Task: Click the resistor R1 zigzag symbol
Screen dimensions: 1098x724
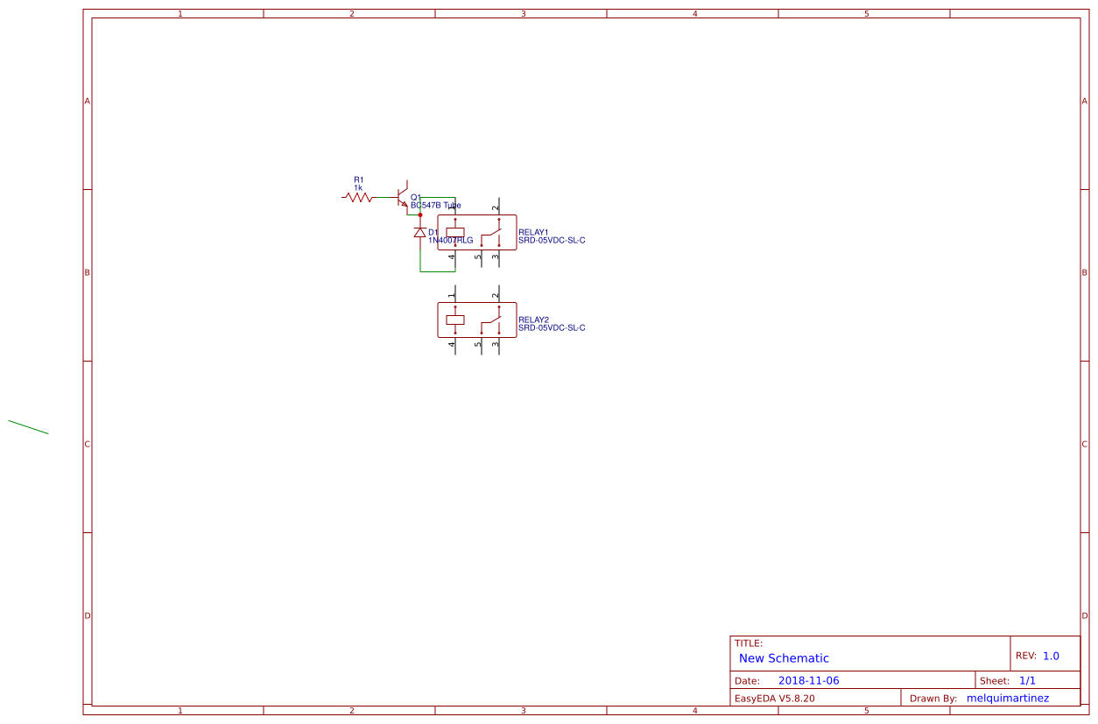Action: point(358,198)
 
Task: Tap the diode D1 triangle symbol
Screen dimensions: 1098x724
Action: point(420,233)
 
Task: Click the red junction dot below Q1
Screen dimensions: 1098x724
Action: point(420,214)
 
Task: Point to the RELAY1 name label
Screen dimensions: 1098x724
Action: point(533,232)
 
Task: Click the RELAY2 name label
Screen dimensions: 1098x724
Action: point(533,320)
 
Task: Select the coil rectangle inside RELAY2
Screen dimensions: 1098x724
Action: point(455,320)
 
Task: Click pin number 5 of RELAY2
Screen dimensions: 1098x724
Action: point(478,344)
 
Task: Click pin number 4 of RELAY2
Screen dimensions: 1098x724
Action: point(452,344)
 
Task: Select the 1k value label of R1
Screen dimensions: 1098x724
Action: point(358,187)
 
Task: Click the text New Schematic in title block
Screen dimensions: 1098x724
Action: point(784,658)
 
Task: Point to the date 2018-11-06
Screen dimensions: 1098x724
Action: point(808,680)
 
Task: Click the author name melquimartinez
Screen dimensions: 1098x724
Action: point(1007,698)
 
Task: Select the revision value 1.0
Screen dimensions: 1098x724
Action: point(1051,656)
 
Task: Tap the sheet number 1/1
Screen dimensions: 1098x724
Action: point(1027,680)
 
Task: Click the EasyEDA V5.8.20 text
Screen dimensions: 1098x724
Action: point(774,698)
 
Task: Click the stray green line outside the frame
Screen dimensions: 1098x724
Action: point(28,427)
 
